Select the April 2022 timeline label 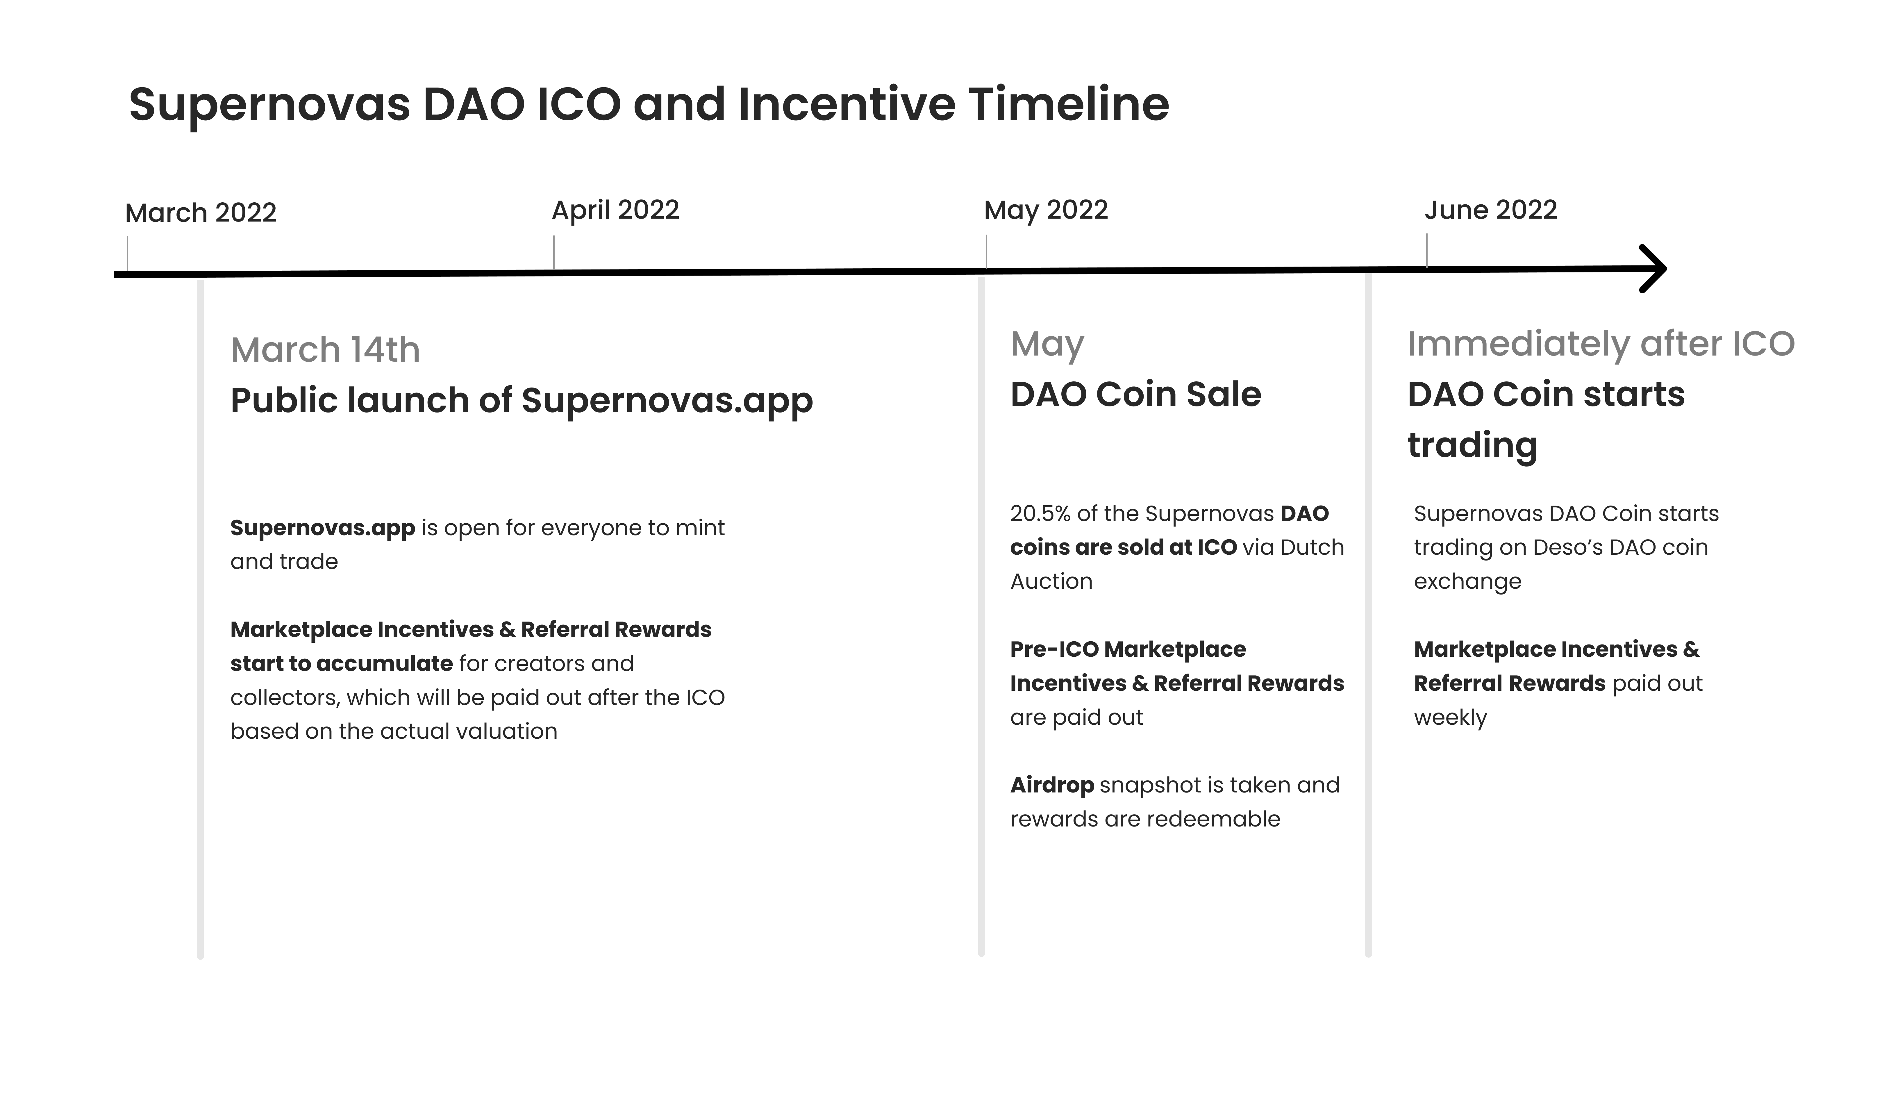click(x=615, y=210)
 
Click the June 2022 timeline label click(x=1491, y=210)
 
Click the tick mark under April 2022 click(x=554, y=253)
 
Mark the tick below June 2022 click(x=1426, y=250)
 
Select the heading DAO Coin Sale click(x=1135, y=394)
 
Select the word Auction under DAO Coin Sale click(x=1051, y=581)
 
